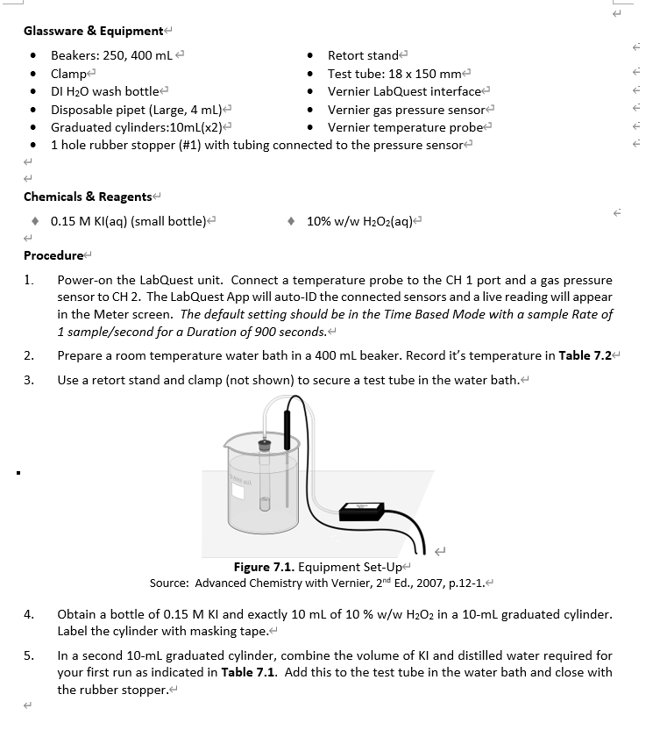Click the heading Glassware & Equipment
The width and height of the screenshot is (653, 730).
pos(93,31)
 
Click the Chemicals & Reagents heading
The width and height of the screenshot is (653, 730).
pos(88,197)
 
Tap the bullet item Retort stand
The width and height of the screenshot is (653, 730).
pos(362,55)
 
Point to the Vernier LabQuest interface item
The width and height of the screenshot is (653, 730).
pos(404,91)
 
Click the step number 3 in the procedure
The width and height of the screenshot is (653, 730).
pos(28,380)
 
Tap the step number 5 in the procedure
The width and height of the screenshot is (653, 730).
pos(28,655)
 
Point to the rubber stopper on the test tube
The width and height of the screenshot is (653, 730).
pos(263,446)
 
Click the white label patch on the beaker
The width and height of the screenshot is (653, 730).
pos(237,490)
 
